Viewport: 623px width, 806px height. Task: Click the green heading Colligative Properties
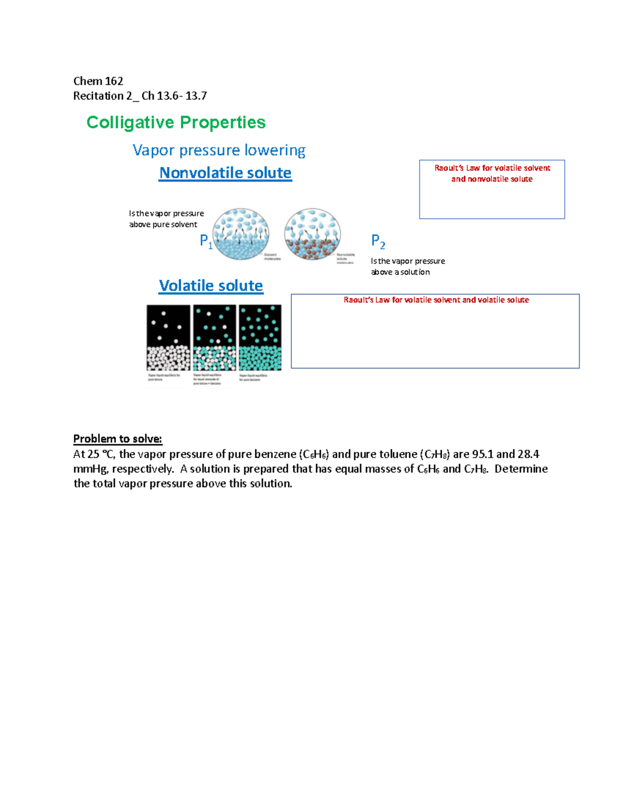pos(176,122)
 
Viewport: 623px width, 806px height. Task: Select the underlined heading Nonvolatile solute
pos(225,173)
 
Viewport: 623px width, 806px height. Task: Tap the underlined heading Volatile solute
pos(211,285)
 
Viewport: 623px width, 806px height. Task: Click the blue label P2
pos(378,241)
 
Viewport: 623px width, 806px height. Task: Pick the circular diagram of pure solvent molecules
pos(241,234)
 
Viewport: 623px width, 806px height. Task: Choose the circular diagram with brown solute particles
pos(313,234)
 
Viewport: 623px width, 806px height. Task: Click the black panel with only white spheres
pos(168,337)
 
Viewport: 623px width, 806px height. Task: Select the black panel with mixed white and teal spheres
pos(214,337)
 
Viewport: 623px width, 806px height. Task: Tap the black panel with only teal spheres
pos(260,337)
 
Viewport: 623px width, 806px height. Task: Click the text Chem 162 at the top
pos(98,81)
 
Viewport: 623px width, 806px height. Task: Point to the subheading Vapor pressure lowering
pos(219,150)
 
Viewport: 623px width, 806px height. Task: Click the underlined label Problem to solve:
pos(117,439)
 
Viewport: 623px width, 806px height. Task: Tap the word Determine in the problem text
pos(521,469)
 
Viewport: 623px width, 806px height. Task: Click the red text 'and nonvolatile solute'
pos(492,179)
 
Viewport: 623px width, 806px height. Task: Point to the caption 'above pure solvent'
pos(163,225)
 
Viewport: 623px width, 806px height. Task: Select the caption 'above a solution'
pos(400,272)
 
